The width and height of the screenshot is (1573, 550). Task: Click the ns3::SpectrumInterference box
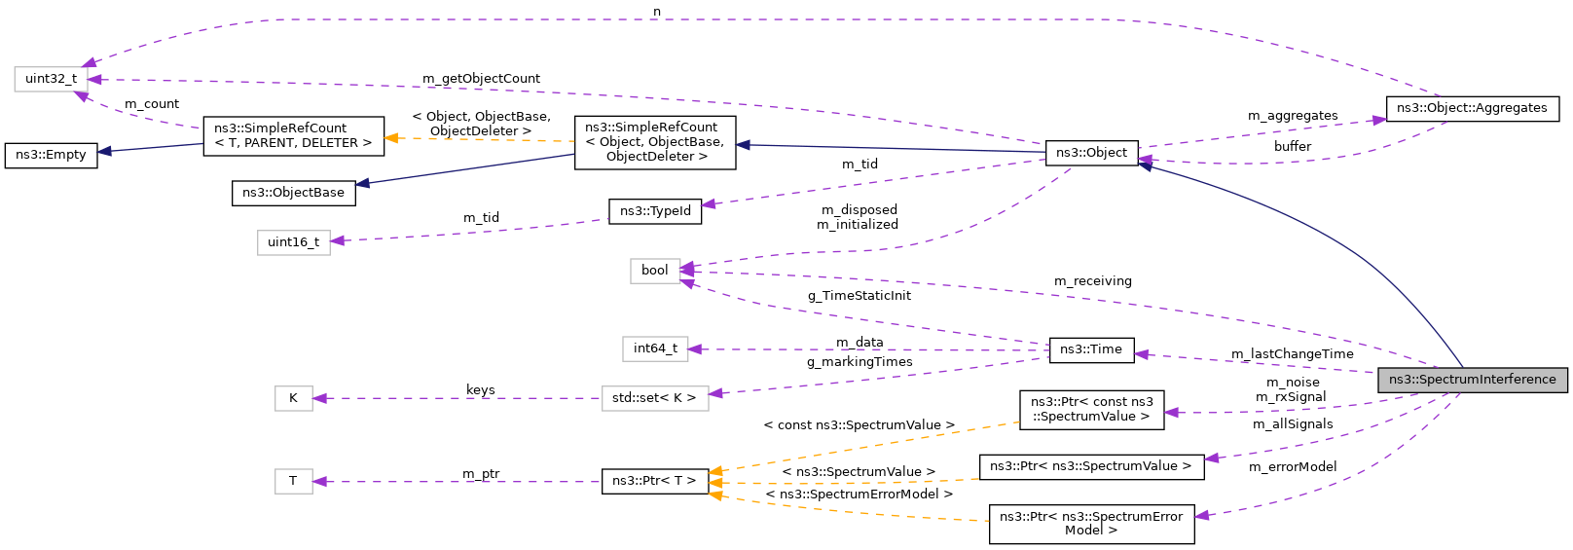click(x=1472, y=380)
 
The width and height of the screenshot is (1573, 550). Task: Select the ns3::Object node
click(x=1091, y=153)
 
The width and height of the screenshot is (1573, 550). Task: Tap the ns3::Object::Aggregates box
click(x=1472, y=108)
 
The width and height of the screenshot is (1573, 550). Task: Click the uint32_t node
click(x=51, y=79)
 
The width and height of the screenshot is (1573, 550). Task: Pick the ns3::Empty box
click(x=51, y=155)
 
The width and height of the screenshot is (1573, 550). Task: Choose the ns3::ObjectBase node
click(x=293, y=193)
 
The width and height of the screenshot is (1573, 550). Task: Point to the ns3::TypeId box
click(x=655, y=211)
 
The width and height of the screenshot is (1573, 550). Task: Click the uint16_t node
click(x=293, y=242)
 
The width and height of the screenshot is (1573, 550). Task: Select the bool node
click(x=654, y=271)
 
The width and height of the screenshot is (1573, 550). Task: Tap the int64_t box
click(x=655, y=348)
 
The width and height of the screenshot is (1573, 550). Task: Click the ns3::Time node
click(x=1090, y=349)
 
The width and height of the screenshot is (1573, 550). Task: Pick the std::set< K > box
click(x=654, y=398)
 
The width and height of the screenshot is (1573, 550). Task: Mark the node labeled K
click(x=293, y=398)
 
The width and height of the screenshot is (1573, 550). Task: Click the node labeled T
click(x=293, y=481)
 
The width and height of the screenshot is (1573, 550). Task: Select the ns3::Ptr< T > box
click(x=654, y=481)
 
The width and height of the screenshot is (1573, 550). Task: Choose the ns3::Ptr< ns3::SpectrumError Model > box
click(x=1090, y=524)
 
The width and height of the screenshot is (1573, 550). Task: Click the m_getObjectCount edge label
click(x=481, y=79)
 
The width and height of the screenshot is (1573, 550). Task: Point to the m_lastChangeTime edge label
click(x=1292, y=354)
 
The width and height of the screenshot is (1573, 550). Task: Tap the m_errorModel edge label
click(x=1292, y=467)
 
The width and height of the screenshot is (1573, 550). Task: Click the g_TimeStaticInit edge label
click(x=859, y=296)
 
